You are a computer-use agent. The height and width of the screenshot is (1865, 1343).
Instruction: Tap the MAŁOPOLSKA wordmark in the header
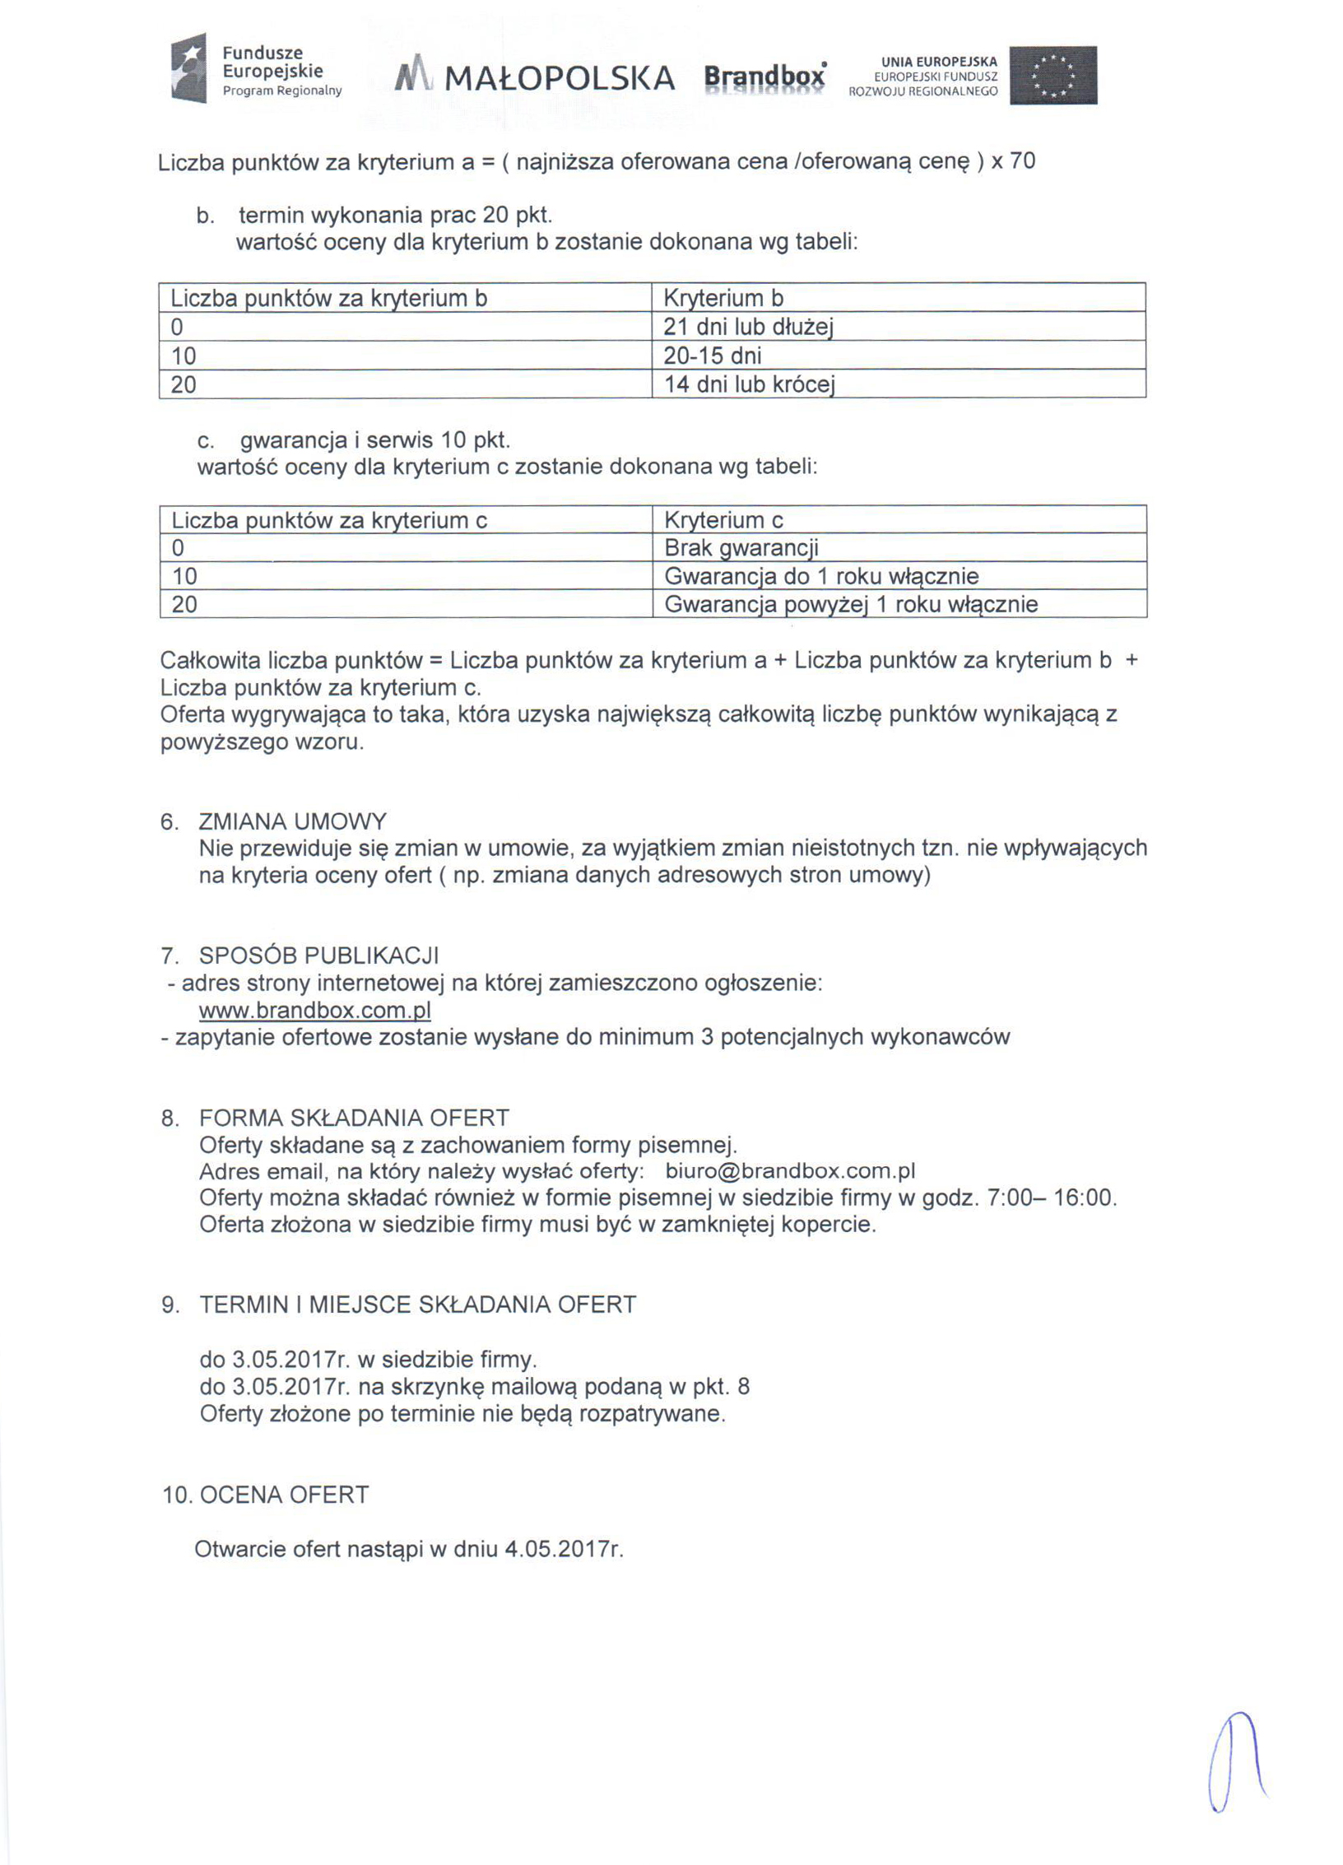point(559,79)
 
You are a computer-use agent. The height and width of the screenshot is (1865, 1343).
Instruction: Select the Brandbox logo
point(764,78)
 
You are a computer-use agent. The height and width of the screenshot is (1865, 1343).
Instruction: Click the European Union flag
point(1053,75)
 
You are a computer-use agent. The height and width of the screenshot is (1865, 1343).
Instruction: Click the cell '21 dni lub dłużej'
point(748,327)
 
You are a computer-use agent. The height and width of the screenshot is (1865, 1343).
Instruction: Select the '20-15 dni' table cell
point(713,356)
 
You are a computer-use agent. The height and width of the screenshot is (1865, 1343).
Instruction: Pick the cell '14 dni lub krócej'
point(749,384)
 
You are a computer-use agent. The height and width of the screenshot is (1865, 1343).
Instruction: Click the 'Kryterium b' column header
point(723,298)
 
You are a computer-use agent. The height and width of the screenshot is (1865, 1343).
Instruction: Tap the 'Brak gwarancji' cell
point(741,548)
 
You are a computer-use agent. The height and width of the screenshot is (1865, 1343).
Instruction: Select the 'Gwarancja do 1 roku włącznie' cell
point(821,576)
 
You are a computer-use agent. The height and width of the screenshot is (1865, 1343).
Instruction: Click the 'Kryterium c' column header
point(723,520)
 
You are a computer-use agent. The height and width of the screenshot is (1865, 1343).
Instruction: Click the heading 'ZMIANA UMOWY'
point(292,821)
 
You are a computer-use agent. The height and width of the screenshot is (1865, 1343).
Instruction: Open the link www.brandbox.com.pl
point(315,1010)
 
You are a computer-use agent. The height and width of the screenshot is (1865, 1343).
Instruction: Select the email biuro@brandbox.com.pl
point(790,1171)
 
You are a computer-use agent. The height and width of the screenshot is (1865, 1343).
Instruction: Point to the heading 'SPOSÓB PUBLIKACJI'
point(318,956)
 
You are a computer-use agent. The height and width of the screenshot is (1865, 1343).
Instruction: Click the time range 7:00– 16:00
point(1051,1198)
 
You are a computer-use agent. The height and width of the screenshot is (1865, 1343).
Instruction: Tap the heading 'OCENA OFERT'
point(284,1494)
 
